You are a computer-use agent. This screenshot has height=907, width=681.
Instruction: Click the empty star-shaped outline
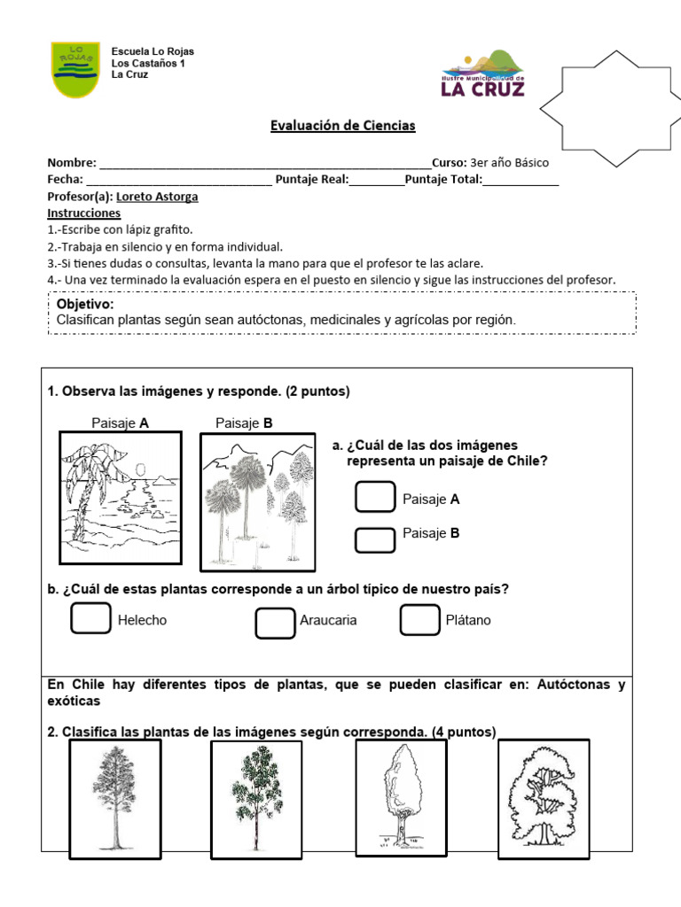[611, 108]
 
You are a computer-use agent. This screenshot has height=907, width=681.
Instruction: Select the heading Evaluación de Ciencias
[342, 126]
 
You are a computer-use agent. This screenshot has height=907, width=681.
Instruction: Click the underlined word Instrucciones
[83, 213]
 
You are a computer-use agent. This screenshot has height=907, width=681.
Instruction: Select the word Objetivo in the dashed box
[84, 304]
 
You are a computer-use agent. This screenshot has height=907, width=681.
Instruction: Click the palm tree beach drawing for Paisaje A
[120, 498]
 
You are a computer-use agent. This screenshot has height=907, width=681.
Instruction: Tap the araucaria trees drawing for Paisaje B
[257, 500]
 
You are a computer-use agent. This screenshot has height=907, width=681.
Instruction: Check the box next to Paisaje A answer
[375, 497]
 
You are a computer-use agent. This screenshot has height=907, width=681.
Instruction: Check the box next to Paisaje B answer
[375, 539]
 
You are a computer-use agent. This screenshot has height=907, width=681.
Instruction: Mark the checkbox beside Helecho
[91, 619]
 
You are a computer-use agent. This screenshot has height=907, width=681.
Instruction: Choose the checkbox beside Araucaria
[275, 622]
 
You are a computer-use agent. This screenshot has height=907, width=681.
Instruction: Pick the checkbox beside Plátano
[419, 620]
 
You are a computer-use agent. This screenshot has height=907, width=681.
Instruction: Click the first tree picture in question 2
[114, 798]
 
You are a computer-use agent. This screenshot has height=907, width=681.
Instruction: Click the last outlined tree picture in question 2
[543, 798]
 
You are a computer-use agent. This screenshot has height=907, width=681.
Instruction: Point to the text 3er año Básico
[509, 163]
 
